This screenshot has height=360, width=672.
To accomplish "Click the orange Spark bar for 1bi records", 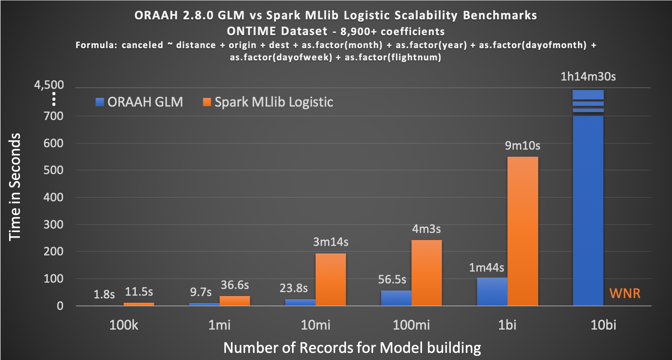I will point(522,231).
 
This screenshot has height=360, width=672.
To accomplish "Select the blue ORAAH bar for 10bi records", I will point(588,209).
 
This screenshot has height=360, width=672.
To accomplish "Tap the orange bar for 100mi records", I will point(426,273).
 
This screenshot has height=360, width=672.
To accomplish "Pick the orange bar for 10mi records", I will point(330,279).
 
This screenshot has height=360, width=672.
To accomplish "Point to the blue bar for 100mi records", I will point(396,298).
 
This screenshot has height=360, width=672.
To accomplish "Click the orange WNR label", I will point(625,293).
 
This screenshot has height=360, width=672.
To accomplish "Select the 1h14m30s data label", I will point(588,77).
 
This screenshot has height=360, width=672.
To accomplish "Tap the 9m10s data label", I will point(522,146).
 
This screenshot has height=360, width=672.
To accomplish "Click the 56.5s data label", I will point(392,279).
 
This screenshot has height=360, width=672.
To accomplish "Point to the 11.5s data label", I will point(139,292).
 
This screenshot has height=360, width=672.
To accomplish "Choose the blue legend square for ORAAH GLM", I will point(100,102).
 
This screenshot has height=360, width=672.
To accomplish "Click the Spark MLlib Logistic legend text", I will point(274,102).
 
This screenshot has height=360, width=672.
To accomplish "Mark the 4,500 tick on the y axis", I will point(49,85).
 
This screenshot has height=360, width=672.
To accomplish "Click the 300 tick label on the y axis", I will point(53,225).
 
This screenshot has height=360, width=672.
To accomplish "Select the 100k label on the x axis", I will point(124,325).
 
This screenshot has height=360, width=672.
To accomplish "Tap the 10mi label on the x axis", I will point(315,325).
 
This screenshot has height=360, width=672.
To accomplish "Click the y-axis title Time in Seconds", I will point(15,187).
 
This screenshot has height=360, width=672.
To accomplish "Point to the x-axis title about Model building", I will point(352,348).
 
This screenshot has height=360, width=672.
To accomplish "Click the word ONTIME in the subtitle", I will point(251,31).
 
